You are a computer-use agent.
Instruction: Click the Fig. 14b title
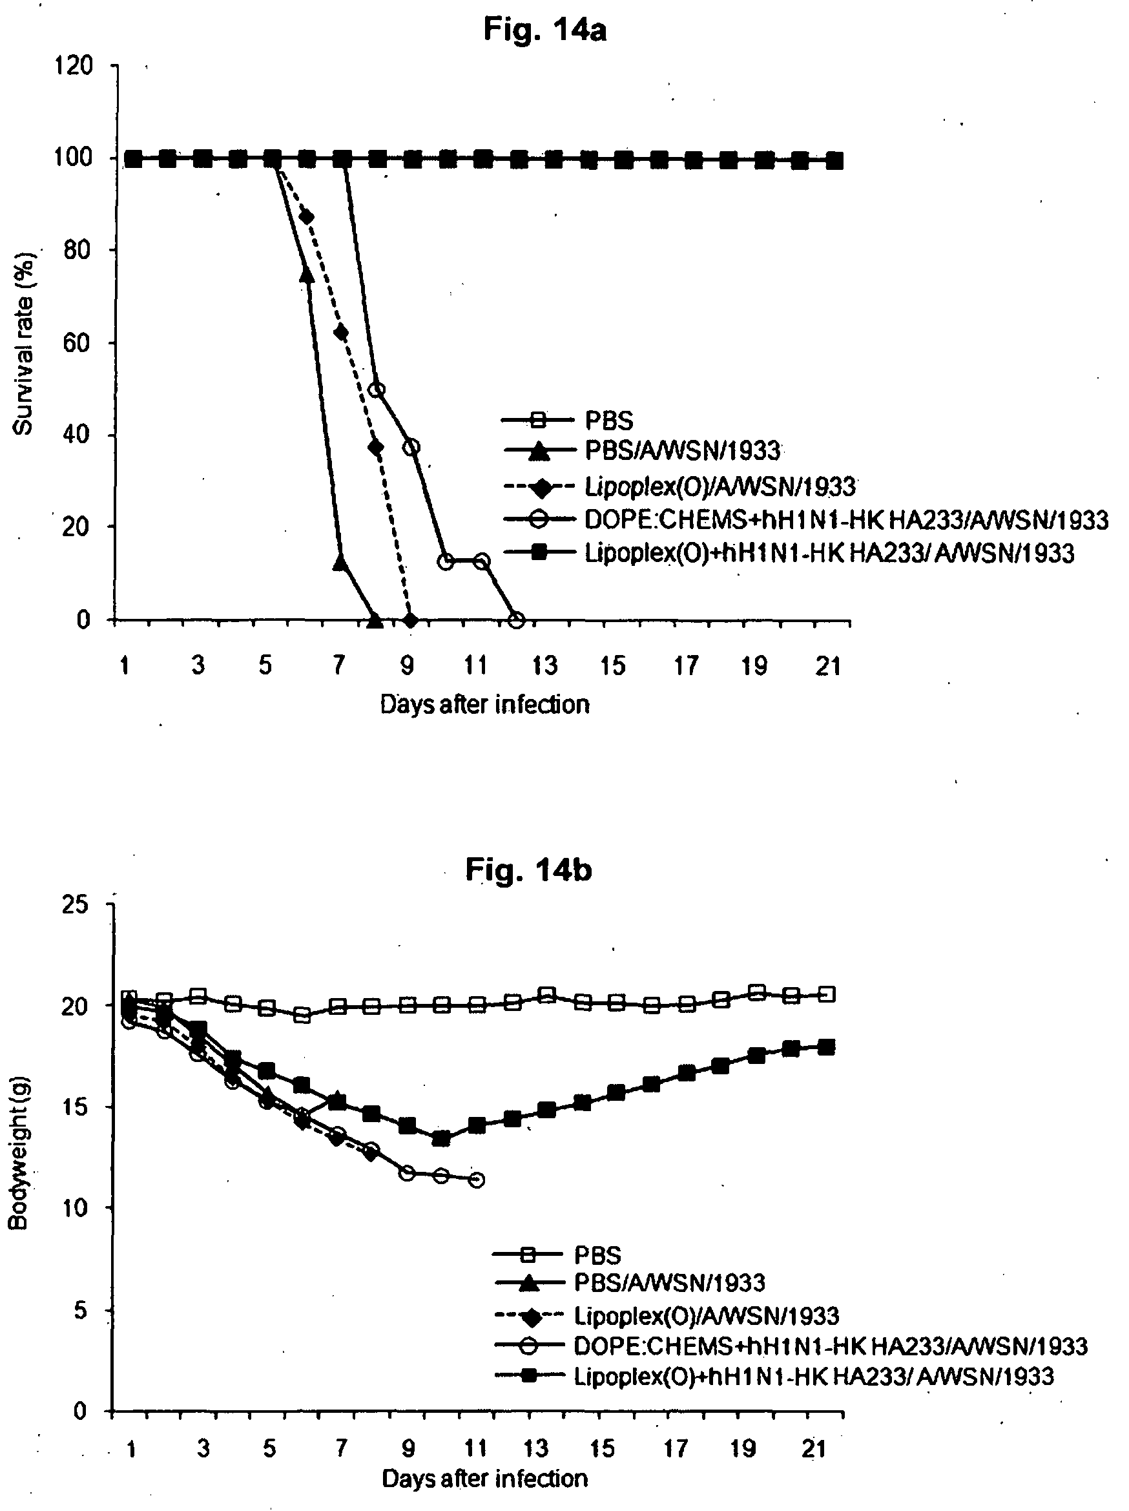(x=528, y=870)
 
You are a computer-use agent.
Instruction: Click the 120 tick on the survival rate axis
(x=74, y=67)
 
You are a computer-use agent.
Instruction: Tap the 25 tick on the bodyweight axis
(x=75, y=904)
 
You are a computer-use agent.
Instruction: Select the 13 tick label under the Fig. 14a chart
(x=544, y=665)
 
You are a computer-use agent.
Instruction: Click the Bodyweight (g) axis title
(x=19, y=1154)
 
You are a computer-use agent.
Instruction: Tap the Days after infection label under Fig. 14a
(x=484, y=703)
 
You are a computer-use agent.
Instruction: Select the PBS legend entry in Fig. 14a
(x=566, y=420)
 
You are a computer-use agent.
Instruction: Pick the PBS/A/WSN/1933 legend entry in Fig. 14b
(x=628, y=1282)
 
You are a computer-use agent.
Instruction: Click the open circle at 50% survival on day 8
(x=377, y=390)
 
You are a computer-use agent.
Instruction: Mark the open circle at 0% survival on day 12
(x=517, y=620)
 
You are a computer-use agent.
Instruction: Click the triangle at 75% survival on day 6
(x=307, y=275)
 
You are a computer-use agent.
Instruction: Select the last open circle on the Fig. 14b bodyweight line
(x=477, y=1180)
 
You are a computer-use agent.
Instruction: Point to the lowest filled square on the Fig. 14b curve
(x=442, y=1139)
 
